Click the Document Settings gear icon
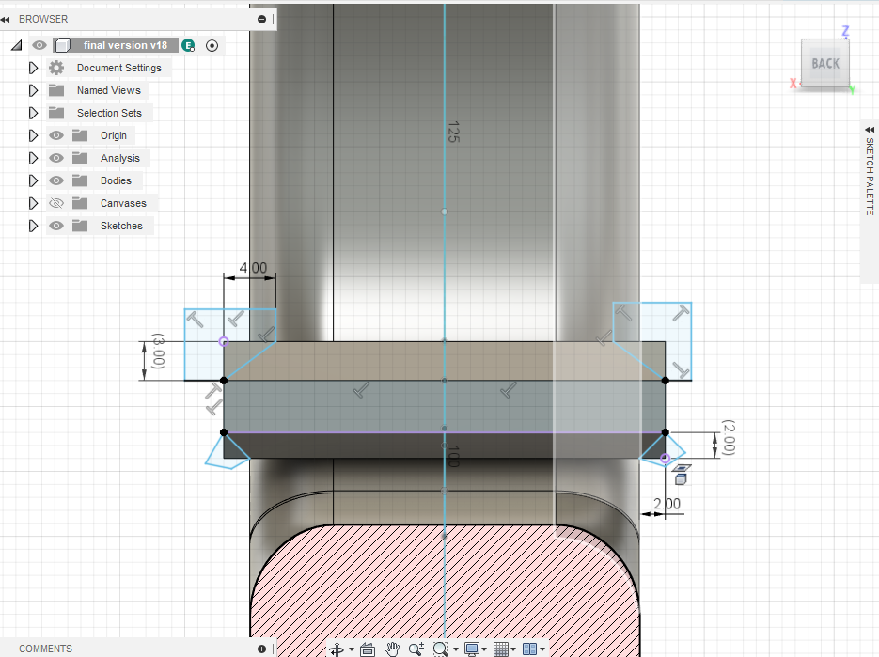point(56,68)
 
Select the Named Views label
point(109,90)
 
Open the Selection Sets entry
point(109,113)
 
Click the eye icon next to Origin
point(56,135)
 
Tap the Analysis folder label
point(120,158)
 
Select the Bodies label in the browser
point(116,180)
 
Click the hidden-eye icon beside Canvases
point(56,203)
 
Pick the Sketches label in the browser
point(121,226)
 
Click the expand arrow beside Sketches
point(33,226)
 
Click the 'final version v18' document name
point(126,45)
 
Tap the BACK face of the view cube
point(825,63)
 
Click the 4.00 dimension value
point(254,268)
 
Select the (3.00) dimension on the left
point(159,351)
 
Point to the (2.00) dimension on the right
point(729,437)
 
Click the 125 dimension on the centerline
point(453,132)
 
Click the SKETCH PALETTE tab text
point(870,176)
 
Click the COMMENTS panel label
point(45,649)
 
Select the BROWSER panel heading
point(43,19)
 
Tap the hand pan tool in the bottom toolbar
point(392,649)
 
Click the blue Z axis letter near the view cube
point(845,31)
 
